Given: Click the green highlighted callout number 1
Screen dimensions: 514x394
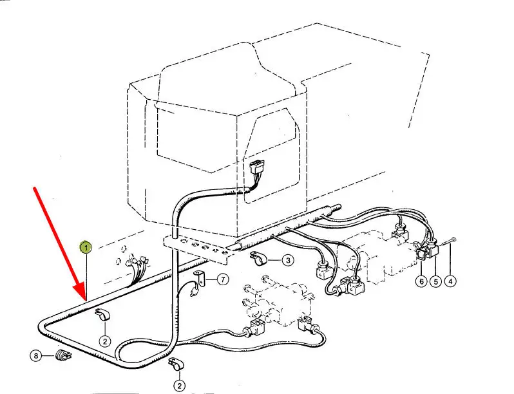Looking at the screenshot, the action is pos(85,247).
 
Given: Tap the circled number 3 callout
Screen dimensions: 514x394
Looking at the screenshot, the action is pos(287,261).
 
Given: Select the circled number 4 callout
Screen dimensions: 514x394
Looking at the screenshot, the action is pos(450,281).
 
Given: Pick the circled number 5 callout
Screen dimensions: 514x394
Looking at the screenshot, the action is pos(435,281).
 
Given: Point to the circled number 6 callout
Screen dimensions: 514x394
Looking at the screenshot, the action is pos(421,281).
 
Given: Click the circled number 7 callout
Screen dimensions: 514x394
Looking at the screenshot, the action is pos(222,279).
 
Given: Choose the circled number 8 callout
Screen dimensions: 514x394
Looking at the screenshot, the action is pos(36,355).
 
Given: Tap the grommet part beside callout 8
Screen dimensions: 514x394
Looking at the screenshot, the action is pos(63,355).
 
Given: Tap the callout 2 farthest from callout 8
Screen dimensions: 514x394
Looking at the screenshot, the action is pos(178,386).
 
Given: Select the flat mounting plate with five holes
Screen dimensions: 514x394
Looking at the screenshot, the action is pos(196,247).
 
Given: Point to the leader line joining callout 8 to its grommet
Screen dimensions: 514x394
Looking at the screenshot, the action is pos(49,355).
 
